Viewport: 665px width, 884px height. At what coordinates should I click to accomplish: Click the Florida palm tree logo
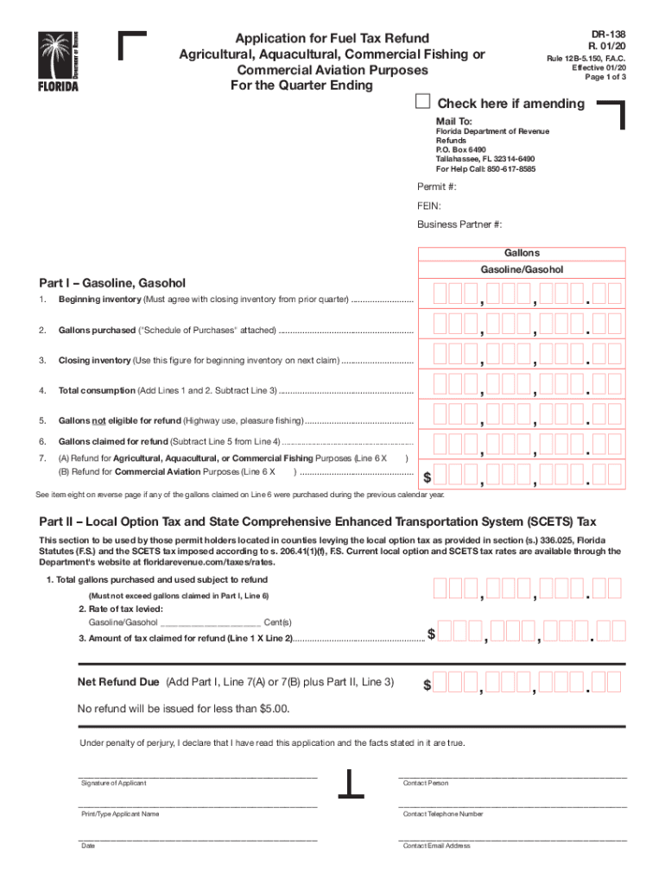pos(57,60)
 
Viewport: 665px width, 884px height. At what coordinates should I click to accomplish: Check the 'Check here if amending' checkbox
pos(423,102)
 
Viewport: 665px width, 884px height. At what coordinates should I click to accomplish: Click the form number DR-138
pos(607,32)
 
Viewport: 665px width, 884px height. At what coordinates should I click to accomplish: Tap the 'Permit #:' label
pos(437,187)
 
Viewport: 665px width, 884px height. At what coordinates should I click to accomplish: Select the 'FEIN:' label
pos(429,206)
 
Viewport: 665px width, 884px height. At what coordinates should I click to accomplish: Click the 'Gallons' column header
pos(522,253)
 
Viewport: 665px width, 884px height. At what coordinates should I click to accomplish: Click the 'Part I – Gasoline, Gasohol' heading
pos(112,283)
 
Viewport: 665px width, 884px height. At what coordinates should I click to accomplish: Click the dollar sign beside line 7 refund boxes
pos(427,477)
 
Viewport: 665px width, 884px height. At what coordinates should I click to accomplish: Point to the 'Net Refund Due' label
pos(118,682)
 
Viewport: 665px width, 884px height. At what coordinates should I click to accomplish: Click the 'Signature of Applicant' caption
pos(113,783)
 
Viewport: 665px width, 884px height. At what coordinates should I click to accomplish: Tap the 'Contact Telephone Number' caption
pos(443,814)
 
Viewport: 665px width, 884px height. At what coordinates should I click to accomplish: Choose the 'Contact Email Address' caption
pos(437,846)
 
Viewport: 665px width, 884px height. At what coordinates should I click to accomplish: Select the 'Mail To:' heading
pos(453,121)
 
